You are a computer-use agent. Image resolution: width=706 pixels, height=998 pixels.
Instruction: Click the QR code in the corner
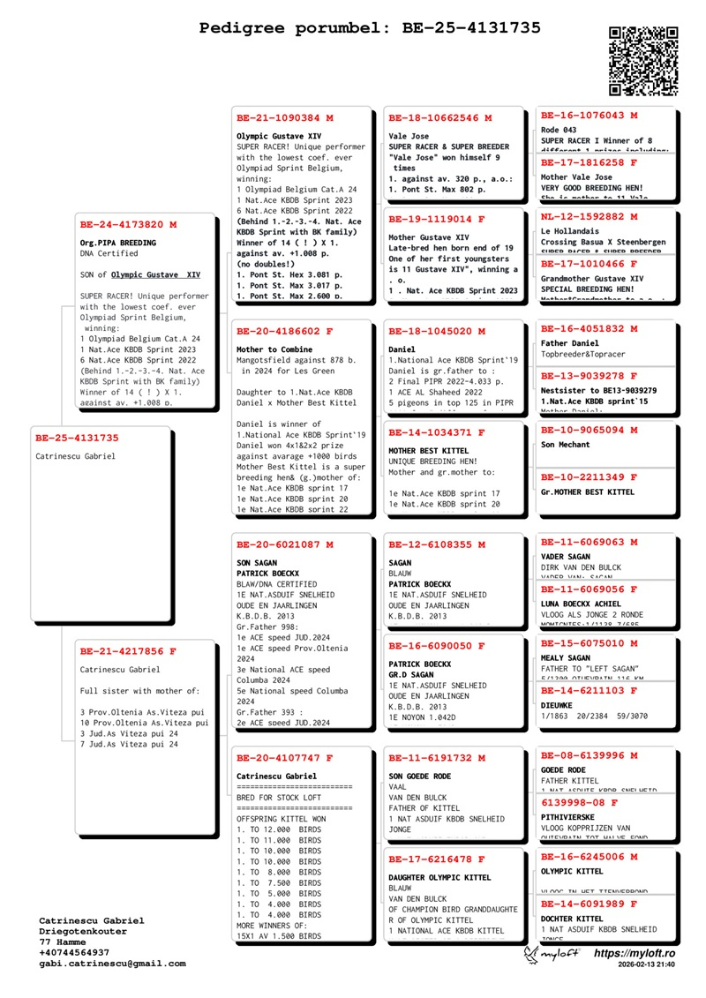pyautogui.click(x=643, y=61)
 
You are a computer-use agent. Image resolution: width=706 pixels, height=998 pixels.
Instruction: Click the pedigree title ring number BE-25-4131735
pyautogui.click(x=471, y=28)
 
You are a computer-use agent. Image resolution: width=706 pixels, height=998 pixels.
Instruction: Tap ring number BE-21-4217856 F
pyautogui.click(x=128, y=651)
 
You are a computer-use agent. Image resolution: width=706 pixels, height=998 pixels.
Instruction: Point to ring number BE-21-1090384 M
pyautogui.click(x=285, y=117)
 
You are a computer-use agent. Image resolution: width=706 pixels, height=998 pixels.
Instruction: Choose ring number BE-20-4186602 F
pyautogui.click(x=285, y=332)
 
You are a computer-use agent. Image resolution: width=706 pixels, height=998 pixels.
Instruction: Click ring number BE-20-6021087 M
pyautogui.click(x=285, y=544)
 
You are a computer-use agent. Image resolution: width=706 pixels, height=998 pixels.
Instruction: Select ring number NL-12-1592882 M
pyautogui.click(x=589, y=216)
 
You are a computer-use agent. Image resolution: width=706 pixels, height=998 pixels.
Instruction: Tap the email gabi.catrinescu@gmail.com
pyautogui.click(x=112, y=964)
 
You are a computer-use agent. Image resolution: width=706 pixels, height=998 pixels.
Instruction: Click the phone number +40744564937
pyautogui.click(x=74, y=953)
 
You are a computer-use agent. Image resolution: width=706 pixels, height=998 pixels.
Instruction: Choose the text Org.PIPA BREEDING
pyautogui.click(x=117, y=243)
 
